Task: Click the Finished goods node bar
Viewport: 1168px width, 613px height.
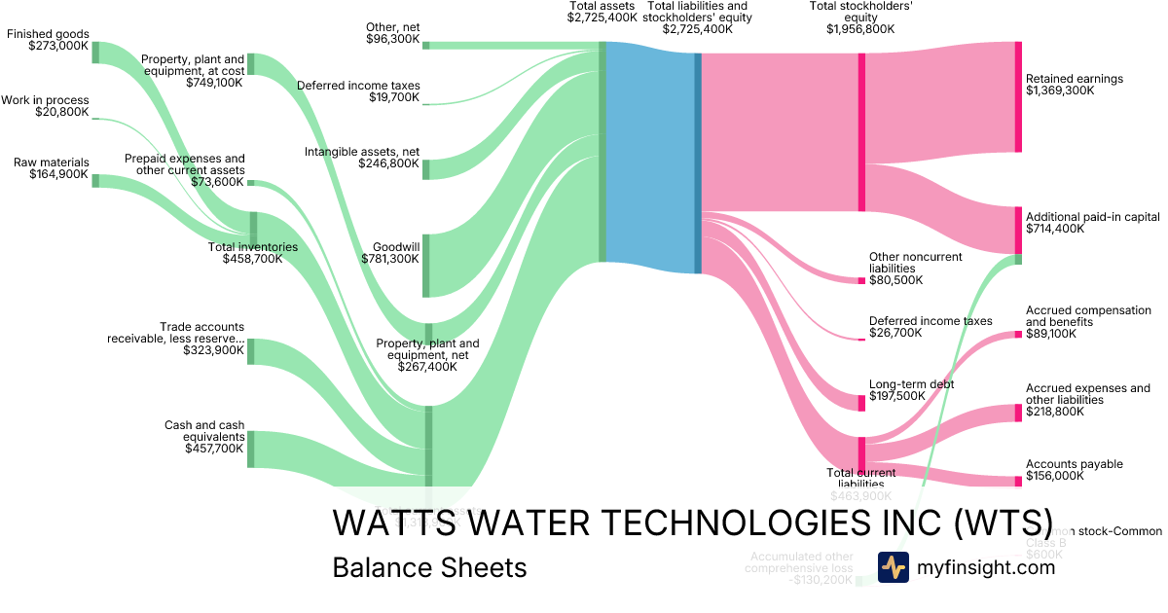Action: [95, 53]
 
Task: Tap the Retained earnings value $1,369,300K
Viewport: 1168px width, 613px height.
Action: [1060, 90]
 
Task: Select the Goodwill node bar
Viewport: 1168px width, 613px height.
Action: [426, 265]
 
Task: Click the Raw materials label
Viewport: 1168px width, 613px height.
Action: [52, 162]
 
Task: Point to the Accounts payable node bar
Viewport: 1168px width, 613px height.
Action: [1018, 479]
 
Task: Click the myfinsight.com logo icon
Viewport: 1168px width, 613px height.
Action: [893, 567]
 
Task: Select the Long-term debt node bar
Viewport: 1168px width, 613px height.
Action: [861, 403]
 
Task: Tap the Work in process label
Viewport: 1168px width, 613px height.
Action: [45, 100]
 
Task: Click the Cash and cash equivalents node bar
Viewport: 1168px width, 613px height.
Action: [250, 449]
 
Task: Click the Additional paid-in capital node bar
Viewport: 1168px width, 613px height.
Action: [1018, 231]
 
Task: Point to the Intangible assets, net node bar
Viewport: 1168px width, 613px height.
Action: [426, 168]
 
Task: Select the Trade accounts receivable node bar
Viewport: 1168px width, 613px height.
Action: [250, 351]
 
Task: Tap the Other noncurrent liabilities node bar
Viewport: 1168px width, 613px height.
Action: [861, 280]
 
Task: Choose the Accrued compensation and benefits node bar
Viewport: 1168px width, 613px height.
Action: [1018, 334]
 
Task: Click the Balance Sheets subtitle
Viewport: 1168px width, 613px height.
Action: [429, 567]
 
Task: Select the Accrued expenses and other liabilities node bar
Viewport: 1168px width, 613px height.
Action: [1018, 412]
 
